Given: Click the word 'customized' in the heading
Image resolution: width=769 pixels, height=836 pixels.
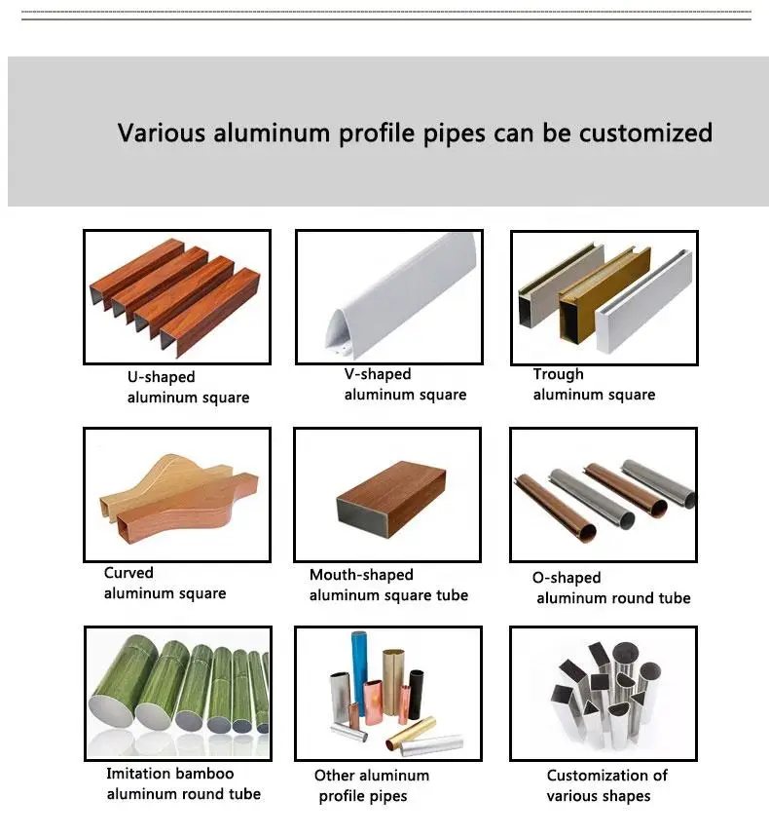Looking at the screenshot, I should coord(645,133).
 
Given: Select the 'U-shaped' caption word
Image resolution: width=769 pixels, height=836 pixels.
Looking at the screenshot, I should coord(161,377).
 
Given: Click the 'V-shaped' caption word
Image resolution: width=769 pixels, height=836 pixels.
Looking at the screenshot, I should coord(378,374).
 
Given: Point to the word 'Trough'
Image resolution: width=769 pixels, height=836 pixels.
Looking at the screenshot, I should coord(558,374).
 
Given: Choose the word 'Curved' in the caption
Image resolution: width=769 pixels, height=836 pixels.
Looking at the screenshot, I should coord(128,573).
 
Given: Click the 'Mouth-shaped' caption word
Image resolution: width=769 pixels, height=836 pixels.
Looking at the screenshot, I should coord(361,575).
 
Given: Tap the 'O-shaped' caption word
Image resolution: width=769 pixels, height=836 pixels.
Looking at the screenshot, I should coord(567,578).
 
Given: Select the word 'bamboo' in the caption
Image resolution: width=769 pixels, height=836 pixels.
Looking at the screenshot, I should coord(205,774).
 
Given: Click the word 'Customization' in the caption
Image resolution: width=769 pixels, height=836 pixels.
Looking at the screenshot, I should coord(606,776).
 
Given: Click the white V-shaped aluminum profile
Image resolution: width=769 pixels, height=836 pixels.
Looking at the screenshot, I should coord(399,292).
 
